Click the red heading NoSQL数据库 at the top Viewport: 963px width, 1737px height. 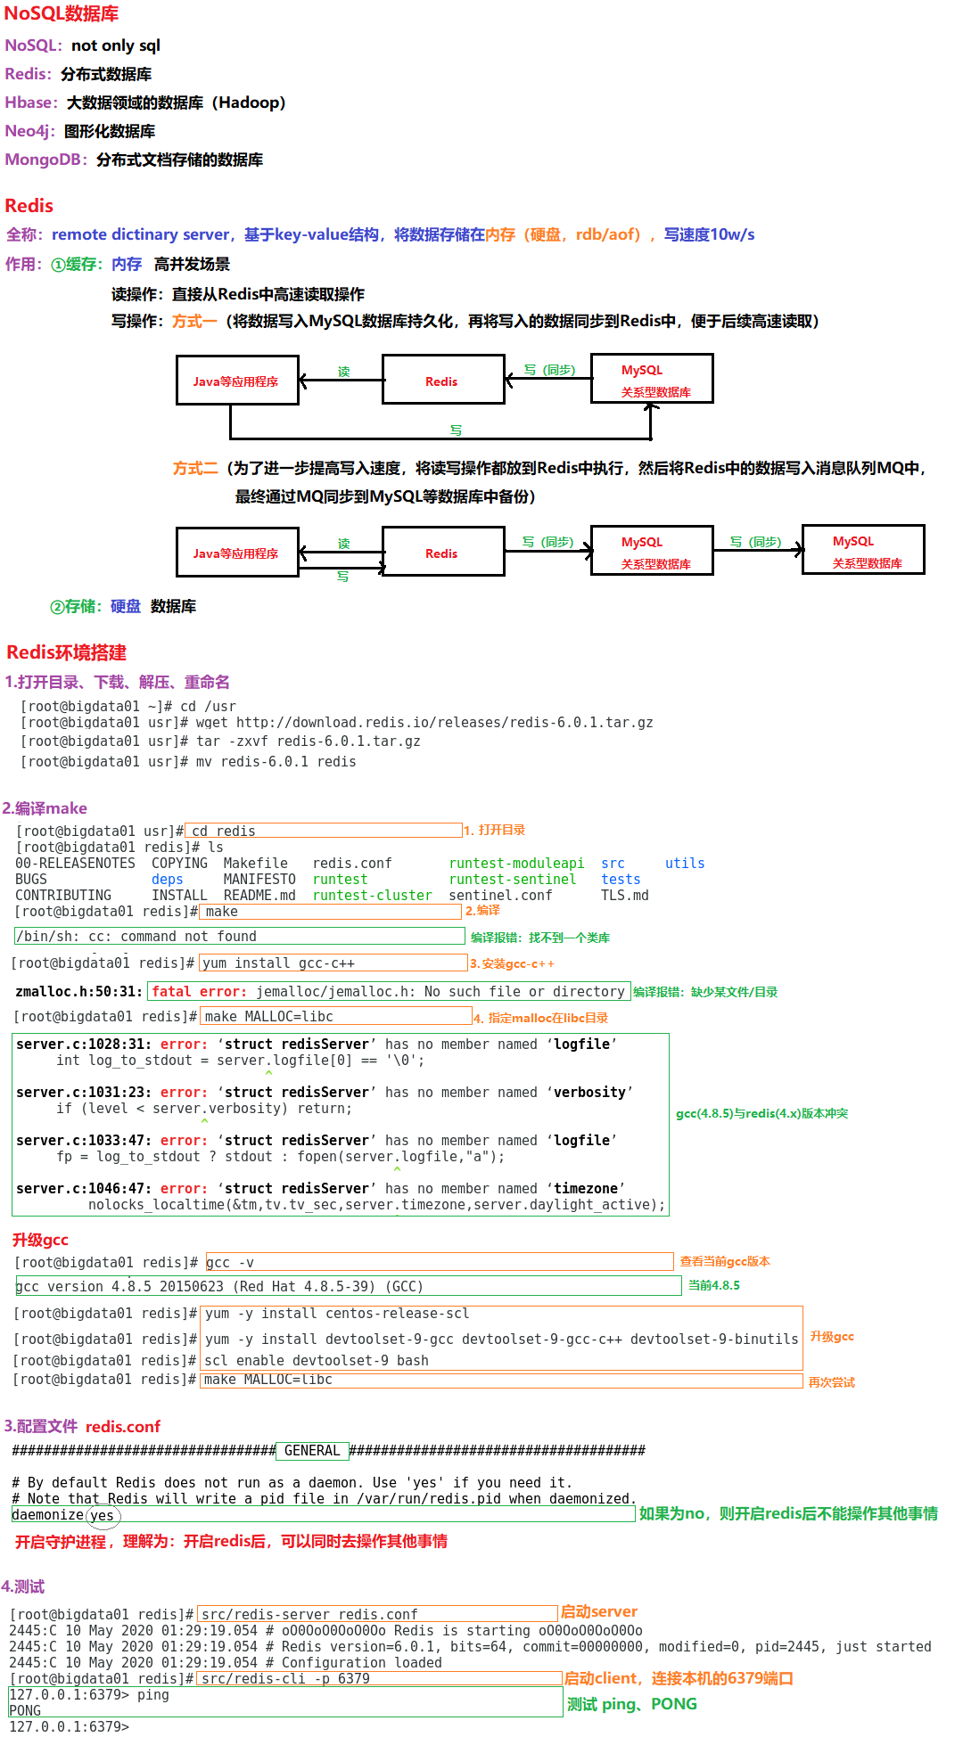tap(61, 13)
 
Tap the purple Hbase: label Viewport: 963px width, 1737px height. tap(31, 102)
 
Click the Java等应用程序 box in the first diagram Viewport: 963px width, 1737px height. tap(236, 381)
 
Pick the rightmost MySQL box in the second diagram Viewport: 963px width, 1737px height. tap(863, 550)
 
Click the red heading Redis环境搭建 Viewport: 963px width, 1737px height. tap(66, 652)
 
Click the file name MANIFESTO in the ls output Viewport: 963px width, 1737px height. tap(259, 880)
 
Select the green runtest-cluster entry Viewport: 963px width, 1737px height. tap(372, 896)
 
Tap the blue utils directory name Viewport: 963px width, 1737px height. tap(685, 864)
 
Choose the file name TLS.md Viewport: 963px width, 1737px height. tap(624, 896)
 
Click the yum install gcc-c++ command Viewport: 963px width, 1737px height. tap(278, 963)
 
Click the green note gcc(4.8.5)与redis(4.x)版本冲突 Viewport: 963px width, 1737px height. tap(761, 1113)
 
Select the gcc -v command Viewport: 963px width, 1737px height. tap(230, 1263)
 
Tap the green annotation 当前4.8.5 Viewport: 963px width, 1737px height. tap(713, 1285)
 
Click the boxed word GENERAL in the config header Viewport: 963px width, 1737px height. tap(312, 1451)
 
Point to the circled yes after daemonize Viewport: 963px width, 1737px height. tap(102, 1516)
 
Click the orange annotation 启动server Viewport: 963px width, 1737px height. tap(598, 1611)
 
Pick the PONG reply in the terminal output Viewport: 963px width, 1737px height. tap(25, 1711)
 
